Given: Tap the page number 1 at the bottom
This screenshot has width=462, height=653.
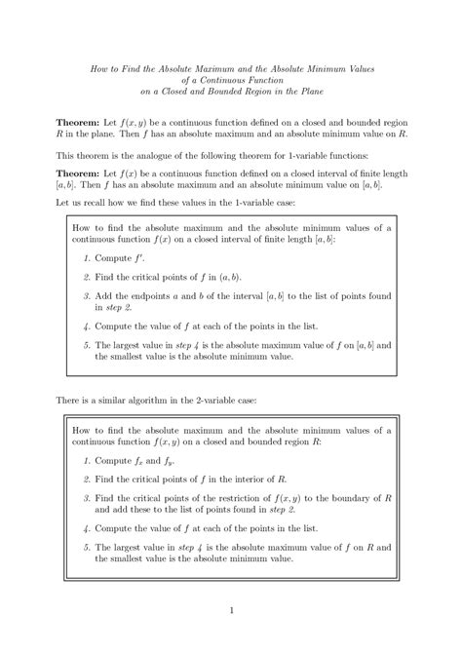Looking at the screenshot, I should click(x=231, y=611).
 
